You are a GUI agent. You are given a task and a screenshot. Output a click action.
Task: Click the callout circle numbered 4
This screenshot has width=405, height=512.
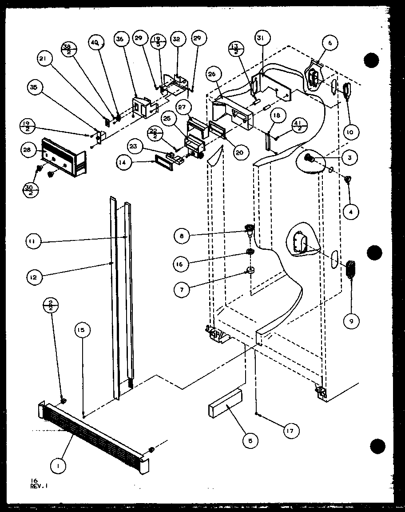point(351,212)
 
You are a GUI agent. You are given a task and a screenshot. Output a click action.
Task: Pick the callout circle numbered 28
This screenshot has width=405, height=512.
point(28,150)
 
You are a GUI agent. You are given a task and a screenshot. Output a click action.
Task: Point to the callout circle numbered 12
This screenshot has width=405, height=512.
point(35,278)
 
